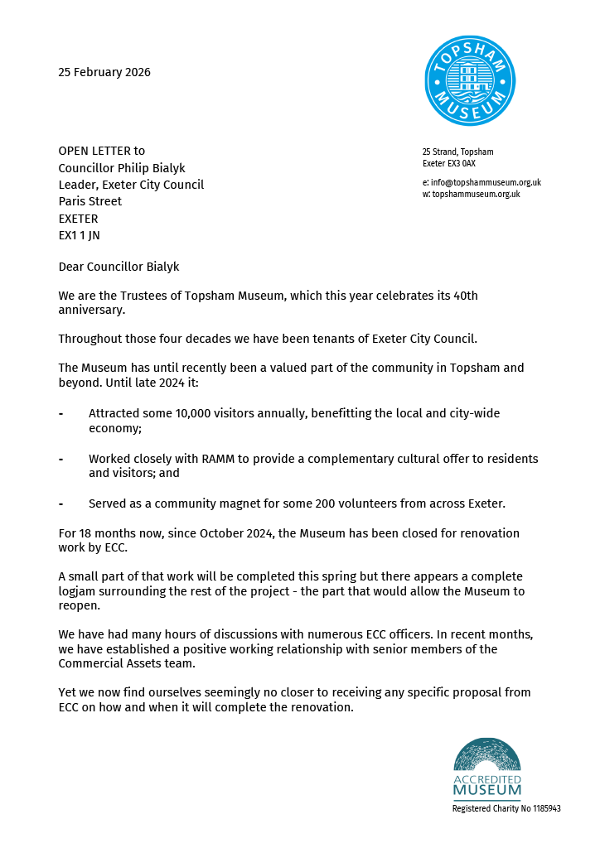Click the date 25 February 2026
pyautogui.click(x=104, y=72)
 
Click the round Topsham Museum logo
pyautogui.click(x=470, y=81)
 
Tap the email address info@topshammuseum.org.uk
pyautogui.click(x=486, y=182)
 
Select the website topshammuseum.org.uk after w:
pyautogui.click(x=476, y=194)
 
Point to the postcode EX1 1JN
pyautogui.click(x=78, y=236)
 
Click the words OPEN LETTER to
pyautogui.click(x=101, y=151)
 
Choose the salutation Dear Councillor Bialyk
pyautogui.click(x=119, y=267)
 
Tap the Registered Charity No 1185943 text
pyautogui.click(x=506, y=808)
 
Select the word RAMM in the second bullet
pyautogui.click(x=218, y=459)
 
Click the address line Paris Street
pyautogui.click(x=90, y=201)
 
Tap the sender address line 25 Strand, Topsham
pyautogui.click(x=457, y=152)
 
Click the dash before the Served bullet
pyautogui.click(x=61, y=503)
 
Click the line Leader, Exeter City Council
pyautogui.click(x=131, y=185)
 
